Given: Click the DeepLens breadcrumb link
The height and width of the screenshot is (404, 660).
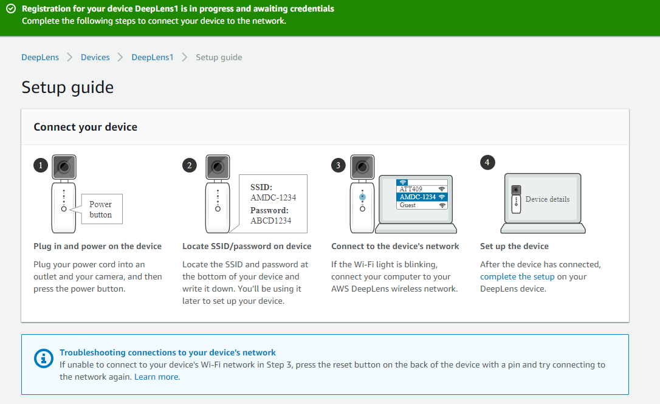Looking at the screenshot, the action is [x=40, y=57].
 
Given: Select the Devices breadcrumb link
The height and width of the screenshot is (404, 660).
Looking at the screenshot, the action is [x=95, y=57].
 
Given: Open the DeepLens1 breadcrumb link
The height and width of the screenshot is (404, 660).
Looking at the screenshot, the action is [x=153, y=57].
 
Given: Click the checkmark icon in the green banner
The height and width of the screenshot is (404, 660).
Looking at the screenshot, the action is [x=11, y=9].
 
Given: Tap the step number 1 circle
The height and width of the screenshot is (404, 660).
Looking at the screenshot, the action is [x=41, y=165].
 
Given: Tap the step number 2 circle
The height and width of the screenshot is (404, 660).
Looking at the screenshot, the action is [x=190, y=165].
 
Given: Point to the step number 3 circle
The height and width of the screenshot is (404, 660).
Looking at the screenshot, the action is [x=339, y=165].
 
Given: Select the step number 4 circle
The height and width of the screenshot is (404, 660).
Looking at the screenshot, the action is [x=487, y=162].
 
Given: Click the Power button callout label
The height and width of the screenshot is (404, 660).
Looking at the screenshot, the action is [x=101, y=209].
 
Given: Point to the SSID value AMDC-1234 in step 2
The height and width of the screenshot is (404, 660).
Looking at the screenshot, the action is [x=273, y=197].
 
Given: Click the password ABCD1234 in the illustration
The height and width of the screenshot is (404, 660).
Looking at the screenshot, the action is [x=270, y=221].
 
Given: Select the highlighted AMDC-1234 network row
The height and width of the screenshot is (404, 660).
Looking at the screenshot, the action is [x=422, y=197].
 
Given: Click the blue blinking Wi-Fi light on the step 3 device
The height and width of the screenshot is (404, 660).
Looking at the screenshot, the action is [x=362, y=197].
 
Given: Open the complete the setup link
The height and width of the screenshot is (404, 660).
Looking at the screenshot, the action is [x=517, y=276].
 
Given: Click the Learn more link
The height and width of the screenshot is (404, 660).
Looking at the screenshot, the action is [x=156, y=377].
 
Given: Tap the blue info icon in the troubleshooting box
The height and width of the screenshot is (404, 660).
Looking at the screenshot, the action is [x=44, y=358].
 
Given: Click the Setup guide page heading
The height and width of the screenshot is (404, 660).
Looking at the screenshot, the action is [x=68, y=87].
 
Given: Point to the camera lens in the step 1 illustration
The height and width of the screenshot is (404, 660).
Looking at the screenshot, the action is [x=64, y=167].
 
